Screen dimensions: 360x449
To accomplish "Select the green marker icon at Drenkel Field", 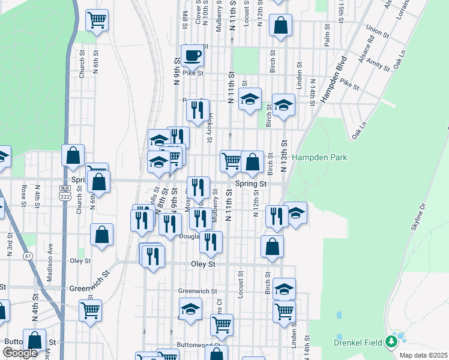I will coord(392,341).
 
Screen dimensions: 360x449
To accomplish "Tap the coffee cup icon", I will coord(192,56).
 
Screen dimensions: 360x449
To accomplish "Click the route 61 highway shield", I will coord(28,256).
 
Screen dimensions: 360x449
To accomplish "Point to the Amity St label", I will coord(378,62).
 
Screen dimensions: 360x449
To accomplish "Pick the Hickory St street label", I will coord(210,130).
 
